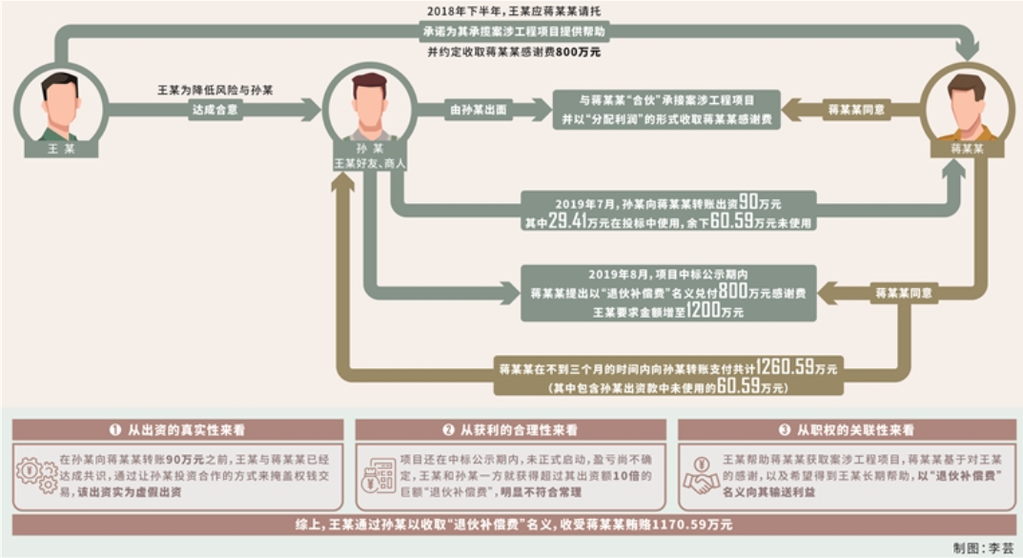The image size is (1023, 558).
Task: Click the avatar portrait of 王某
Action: pos(61,108)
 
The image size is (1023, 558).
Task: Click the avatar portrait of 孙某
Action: pos(370,108)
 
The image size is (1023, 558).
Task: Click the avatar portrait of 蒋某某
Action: pos(967,108)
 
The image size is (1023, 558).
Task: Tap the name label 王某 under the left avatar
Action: pos(61,149)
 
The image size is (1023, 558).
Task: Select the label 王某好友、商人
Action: pos(370,163)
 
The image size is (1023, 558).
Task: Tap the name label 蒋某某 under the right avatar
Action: pos(967,149)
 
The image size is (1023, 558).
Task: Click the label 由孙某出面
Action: pos(479,110)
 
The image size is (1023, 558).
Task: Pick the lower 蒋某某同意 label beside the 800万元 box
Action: pos(903,293)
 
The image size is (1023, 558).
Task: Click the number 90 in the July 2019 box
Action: pos(747,202)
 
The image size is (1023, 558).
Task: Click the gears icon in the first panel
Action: pos(36,475)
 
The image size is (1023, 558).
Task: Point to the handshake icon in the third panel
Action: pos(701,475)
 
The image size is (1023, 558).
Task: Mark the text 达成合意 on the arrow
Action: pos(215,110)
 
